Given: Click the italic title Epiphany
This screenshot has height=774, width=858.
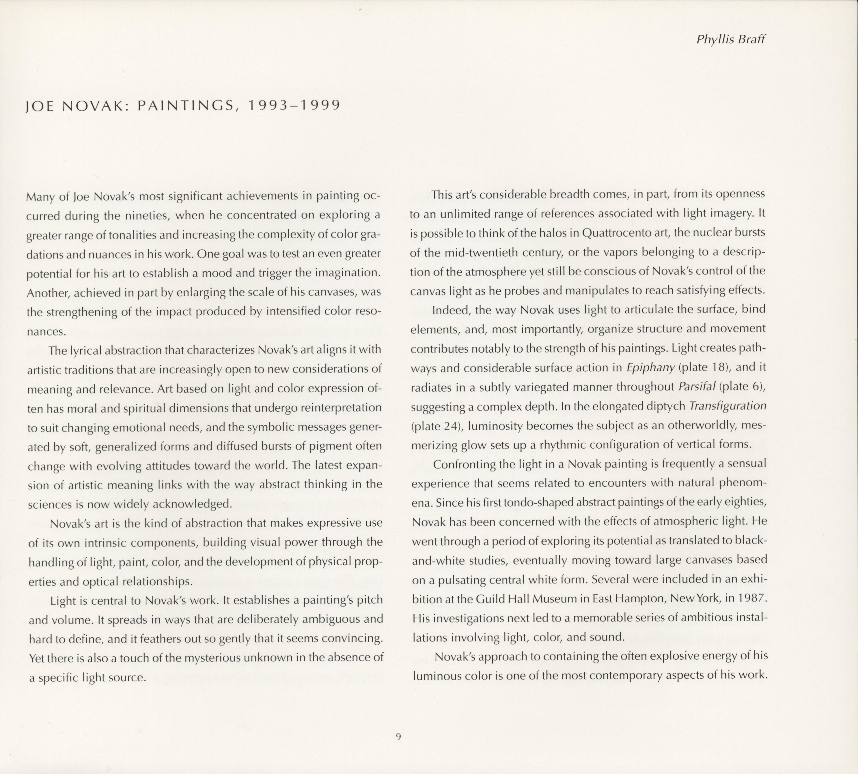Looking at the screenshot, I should pos(650,367).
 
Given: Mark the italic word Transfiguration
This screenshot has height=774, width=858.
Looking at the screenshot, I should pos(728,406).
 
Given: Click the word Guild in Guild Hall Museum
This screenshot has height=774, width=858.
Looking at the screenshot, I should pos(489,599).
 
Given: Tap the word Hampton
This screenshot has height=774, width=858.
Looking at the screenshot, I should pos(638,599).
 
